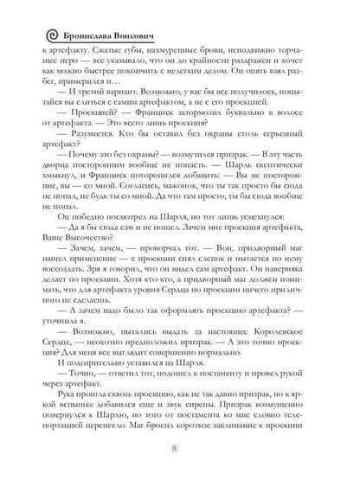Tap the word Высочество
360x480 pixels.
(x=99, y=268)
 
